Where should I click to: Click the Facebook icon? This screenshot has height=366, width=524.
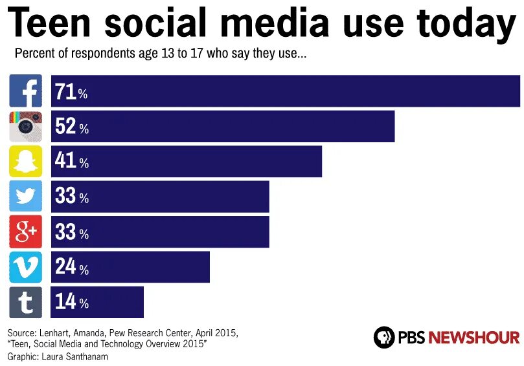[26, 91]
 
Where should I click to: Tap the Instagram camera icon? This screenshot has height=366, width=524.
[26, 127]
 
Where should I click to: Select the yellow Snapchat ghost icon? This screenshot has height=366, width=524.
[26, 162]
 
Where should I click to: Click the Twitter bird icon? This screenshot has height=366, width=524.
[26, 197]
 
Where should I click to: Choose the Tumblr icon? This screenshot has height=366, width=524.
[26, 302]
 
